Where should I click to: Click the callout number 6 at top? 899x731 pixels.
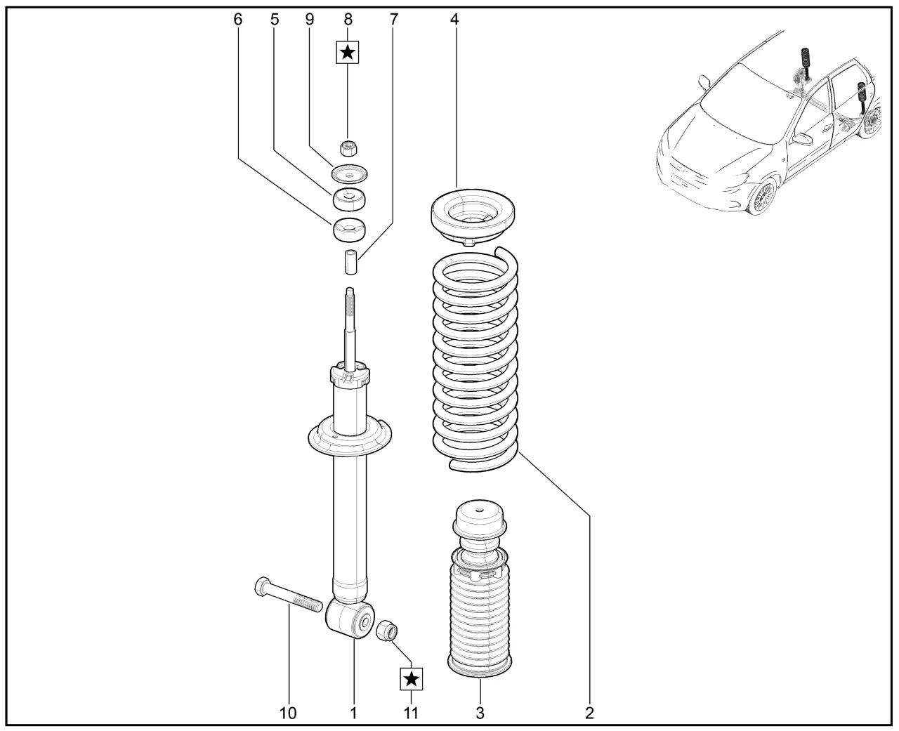[237, 19]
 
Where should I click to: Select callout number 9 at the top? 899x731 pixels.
[309, 19]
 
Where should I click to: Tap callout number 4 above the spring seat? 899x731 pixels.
[454, 19]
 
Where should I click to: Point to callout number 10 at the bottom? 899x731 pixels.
[288, 713]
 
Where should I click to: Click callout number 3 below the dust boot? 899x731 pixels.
[480, 713]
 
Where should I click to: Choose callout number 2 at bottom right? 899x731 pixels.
[589, 713]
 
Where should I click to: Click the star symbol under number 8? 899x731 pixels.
[348, 53]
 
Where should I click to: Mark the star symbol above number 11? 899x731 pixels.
[412, 679]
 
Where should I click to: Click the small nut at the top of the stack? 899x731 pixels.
[349, 147]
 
